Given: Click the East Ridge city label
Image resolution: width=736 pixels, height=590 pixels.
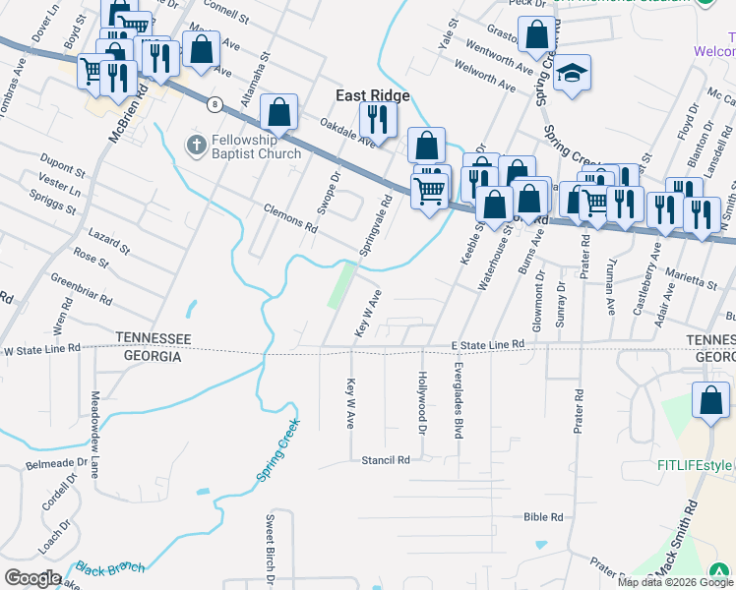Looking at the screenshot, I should (372, 95).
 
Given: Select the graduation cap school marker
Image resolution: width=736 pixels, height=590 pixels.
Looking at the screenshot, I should (572, 73).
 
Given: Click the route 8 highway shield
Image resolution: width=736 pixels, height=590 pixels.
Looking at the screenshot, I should (213, 102).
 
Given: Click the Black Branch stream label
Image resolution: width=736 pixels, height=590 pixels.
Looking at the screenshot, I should (110, 568).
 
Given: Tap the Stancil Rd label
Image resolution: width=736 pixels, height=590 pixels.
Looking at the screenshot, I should (385, 460).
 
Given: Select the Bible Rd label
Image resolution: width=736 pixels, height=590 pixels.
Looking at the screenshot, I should (543, 516).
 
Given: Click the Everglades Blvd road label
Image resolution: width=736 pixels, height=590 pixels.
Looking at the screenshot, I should (459, 400).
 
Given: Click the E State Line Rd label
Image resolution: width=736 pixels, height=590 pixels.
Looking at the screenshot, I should (487, 345).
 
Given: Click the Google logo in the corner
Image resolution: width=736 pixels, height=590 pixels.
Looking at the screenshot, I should (32, 578).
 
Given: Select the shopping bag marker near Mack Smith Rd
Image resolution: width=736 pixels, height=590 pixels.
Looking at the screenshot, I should (710, 400).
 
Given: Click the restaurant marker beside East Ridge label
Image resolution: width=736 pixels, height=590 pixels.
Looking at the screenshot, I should (377, 119).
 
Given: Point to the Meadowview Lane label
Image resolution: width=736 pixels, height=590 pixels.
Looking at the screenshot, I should (95, 425).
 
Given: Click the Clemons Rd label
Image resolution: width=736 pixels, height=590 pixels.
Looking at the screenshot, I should (290, 218).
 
